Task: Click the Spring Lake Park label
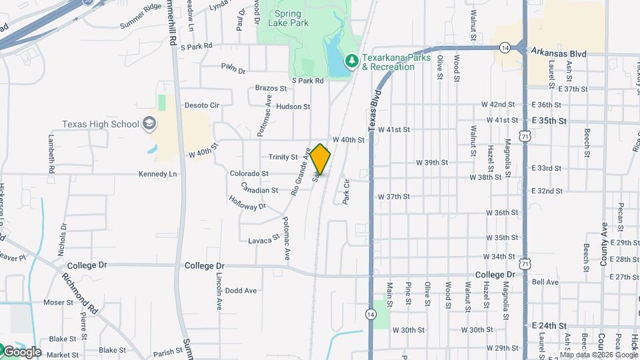tap(288, 18)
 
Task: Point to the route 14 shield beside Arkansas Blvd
tap(505, 47)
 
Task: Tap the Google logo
tap(21, 351)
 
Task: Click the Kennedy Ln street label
tap(158, 174)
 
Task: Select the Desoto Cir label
tap(201, 105)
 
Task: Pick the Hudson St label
tap(293, 106)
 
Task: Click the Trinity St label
tap(283, 157)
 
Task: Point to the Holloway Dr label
tap(247, 203)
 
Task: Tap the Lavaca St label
tap(264, 239)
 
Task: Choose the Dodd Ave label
tap(241, 291)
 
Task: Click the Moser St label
tap(58, 302)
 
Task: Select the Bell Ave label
tap(545, 283)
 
